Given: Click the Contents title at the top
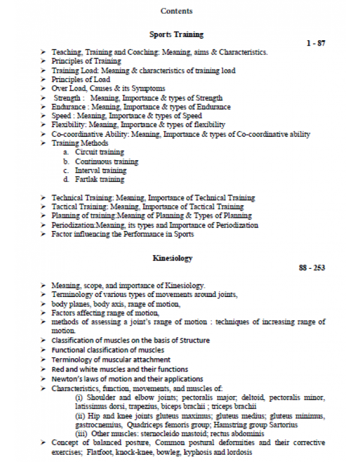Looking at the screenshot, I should pyautogui.click(x=177, y=11).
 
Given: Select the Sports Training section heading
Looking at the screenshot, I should pyautogui.click(x=176, y=34).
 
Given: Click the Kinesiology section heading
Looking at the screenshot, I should pyautogui.click(x=173, y=258).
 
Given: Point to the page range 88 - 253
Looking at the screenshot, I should pyautogui.click(x=311, y=268).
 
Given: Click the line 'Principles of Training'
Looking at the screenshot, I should pyautogui.click(x=86, y=61).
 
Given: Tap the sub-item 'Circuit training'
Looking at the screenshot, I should pyautogui.click(x=100, y=152).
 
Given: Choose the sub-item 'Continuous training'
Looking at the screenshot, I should pyautogui.click(x=106, y=161).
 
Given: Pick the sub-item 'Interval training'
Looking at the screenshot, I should pyautogui.click(x=101, y=170).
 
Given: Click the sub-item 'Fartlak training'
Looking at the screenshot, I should pyautogui.click(x=100, y=179).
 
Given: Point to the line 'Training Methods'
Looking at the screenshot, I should pyautogui.click(x=80, y=143).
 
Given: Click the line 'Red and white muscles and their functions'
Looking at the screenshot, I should pyautogui.click(x=119, y=369).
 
